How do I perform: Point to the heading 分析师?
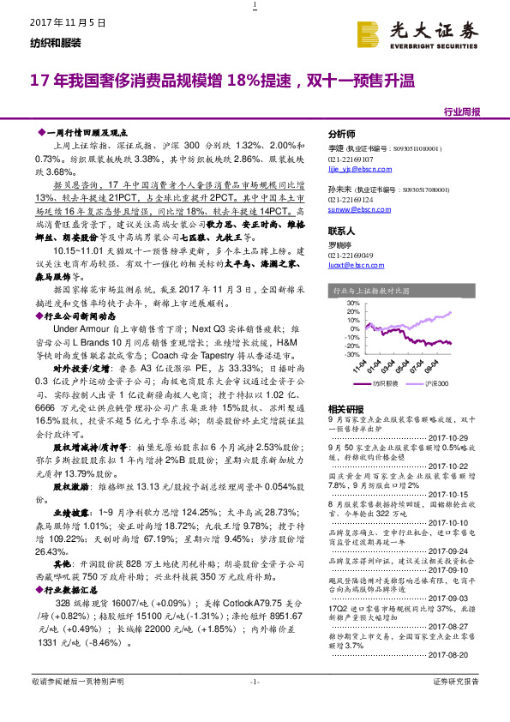[x=342, y=135]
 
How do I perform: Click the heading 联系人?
[x=342, y=232]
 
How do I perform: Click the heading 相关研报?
[x=345, y=409]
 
